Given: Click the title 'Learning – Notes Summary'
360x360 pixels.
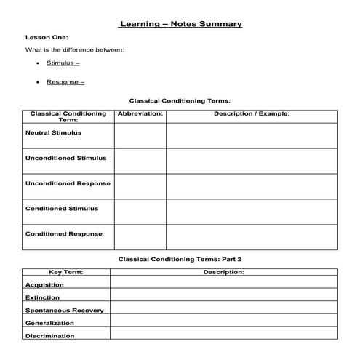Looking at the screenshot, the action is point(180,24).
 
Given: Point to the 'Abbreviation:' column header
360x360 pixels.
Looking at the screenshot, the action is point(140,114).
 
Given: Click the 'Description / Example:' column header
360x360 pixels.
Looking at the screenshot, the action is point(252,114).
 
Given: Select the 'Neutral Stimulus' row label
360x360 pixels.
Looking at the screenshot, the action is point(53,133).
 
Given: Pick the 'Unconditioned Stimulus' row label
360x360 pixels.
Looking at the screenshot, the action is point(65,158).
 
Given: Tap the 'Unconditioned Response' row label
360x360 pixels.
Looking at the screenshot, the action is point(68,183).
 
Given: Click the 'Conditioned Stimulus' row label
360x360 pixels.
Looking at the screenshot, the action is point(61,209).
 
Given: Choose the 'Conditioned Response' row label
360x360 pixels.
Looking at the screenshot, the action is point(63,234).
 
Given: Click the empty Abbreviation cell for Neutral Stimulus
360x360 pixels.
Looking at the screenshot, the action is point(140,136).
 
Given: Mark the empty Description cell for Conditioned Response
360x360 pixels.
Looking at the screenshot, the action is point(252,237).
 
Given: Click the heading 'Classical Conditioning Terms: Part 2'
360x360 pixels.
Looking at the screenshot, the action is point(180,259).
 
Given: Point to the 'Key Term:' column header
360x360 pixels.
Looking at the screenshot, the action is point(65,272).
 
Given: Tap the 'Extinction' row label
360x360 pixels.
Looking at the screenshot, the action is point(43,297).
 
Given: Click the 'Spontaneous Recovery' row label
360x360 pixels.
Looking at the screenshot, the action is point(64,311).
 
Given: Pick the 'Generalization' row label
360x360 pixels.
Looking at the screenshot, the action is point(49,323).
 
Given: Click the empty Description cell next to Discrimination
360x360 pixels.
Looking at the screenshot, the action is point(224,335).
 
